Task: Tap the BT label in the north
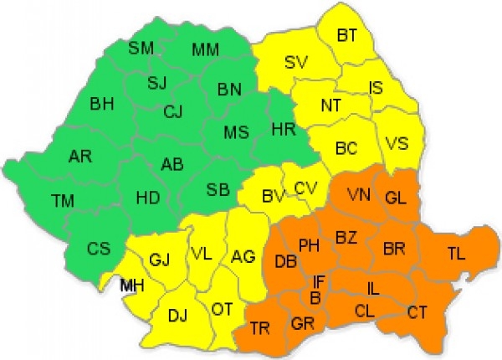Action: (x=347, y=35)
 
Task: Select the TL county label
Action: (x=458, y=254)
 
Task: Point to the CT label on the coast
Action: (x=418, y=312)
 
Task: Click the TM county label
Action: (x=62, y=201)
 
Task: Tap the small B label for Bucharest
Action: (x=315, y=297)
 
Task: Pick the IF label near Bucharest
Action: (x=320, y=281)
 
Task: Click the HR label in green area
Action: (x=284, y=129)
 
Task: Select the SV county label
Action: (x=296, y=62)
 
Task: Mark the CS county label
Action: (x=99, y=249)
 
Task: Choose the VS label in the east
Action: (x=398, y=144)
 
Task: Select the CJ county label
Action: (x=173, y=111)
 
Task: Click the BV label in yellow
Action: (x=273, y=198)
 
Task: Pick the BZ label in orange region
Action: (x=346, y=239)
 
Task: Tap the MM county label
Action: (x=205, y=50)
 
